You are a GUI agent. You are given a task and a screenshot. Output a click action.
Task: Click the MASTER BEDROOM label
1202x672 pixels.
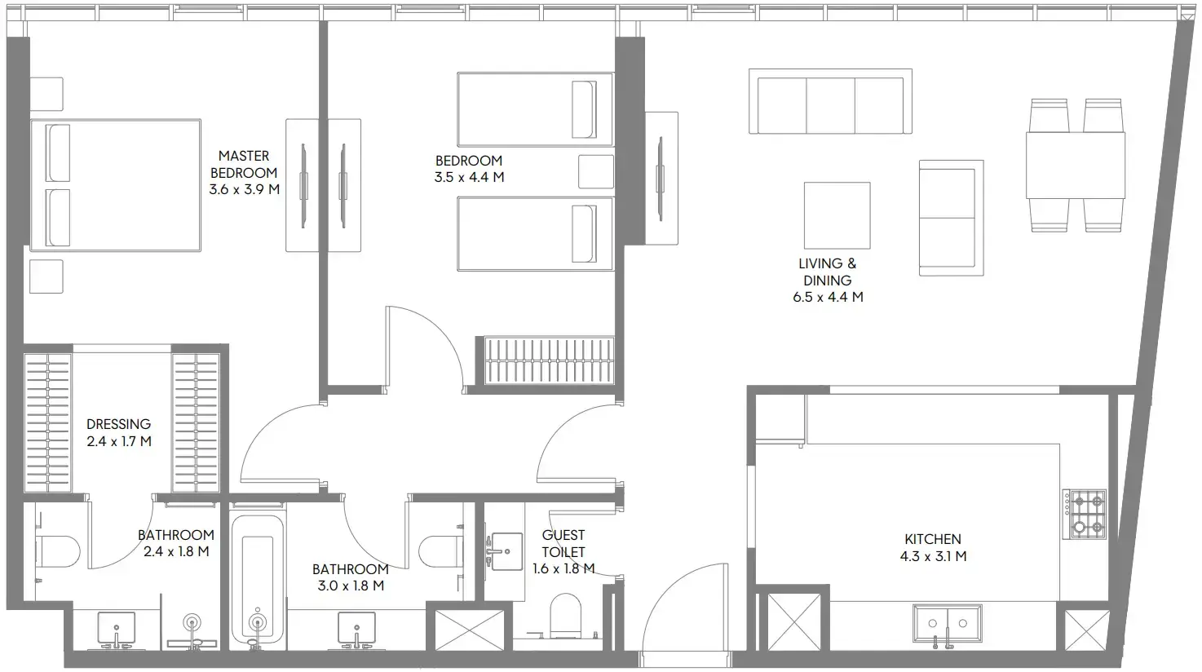point(244,164)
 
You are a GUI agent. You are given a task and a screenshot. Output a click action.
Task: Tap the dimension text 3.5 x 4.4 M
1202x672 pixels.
point(469,177)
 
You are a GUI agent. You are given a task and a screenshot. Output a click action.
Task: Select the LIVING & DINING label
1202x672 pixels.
point(828,272)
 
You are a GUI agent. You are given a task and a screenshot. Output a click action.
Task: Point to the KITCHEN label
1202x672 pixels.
point(933,539)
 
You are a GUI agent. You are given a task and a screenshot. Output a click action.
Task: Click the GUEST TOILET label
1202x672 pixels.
point(563,543)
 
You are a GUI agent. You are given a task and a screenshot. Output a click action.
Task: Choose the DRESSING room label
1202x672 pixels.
point(119,424)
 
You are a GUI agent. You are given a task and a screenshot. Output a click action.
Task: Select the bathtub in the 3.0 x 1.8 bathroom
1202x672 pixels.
point(258,579)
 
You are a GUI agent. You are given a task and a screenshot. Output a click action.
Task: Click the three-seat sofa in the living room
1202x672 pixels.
point(830,102)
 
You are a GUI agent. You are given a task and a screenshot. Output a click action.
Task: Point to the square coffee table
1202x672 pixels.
point(837,215)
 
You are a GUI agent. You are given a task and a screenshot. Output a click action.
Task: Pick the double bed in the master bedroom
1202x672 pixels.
point(116,185)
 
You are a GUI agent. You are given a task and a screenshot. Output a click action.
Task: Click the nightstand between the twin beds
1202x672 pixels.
point(596,172)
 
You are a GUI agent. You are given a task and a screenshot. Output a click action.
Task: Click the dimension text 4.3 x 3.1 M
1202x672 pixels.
point(933,557)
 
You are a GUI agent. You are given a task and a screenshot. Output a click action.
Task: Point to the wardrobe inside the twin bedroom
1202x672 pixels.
point(548,360)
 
